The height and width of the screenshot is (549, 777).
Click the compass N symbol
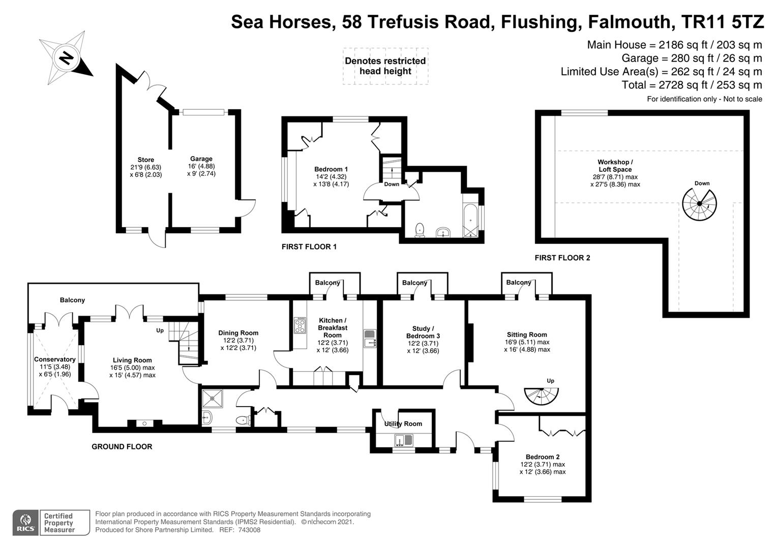[65, 57]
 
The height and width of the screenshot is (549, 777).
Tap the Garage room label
[201, 159]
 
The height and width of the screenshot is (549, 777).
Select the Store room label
[145, 160]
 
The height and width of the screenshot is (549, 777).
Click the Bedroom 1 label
[331, 169]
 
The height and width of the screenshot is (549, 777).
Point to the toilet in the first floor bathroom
[420, 230]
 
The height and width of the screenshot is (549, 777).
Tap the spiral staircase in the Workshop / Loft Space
[699, 204]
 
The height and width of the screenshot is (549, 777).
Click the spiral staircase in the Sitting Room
[541, 396]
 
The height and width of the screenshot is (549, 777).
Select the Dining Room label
[238, 333]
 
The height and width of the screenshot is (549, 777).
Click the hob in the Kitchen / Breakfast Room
[300, 325]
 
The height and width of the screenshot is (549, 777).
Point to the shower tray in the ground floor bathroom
[212, 399]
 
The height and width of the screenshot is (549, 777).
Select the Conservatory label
[55, 359]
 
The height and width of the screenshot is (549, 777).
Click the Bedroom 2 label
[543, 457]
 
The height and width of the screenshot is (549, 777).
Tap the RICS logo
[25, 523]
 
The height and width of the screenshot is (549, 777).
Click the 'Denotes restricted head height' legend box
[385, 66]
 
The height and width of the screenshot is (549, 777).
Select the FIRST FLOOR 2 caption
[562, 258]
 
